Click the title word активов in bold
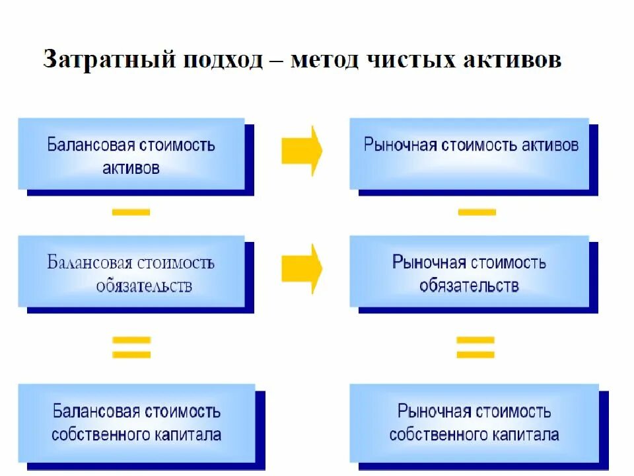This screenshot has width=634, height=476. (512, 60)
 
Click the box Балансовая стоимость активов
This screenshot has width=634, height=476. (131, 154)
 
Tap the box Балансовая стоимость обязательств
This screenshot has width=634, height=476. (131, 272)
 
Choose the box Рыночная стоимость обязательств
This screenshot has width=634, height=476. (470, 272)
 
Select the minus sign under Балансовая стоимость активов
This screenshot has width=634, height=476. (131, 212)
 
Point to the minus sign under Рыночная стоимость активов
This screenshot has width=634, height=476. (477, 212)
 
